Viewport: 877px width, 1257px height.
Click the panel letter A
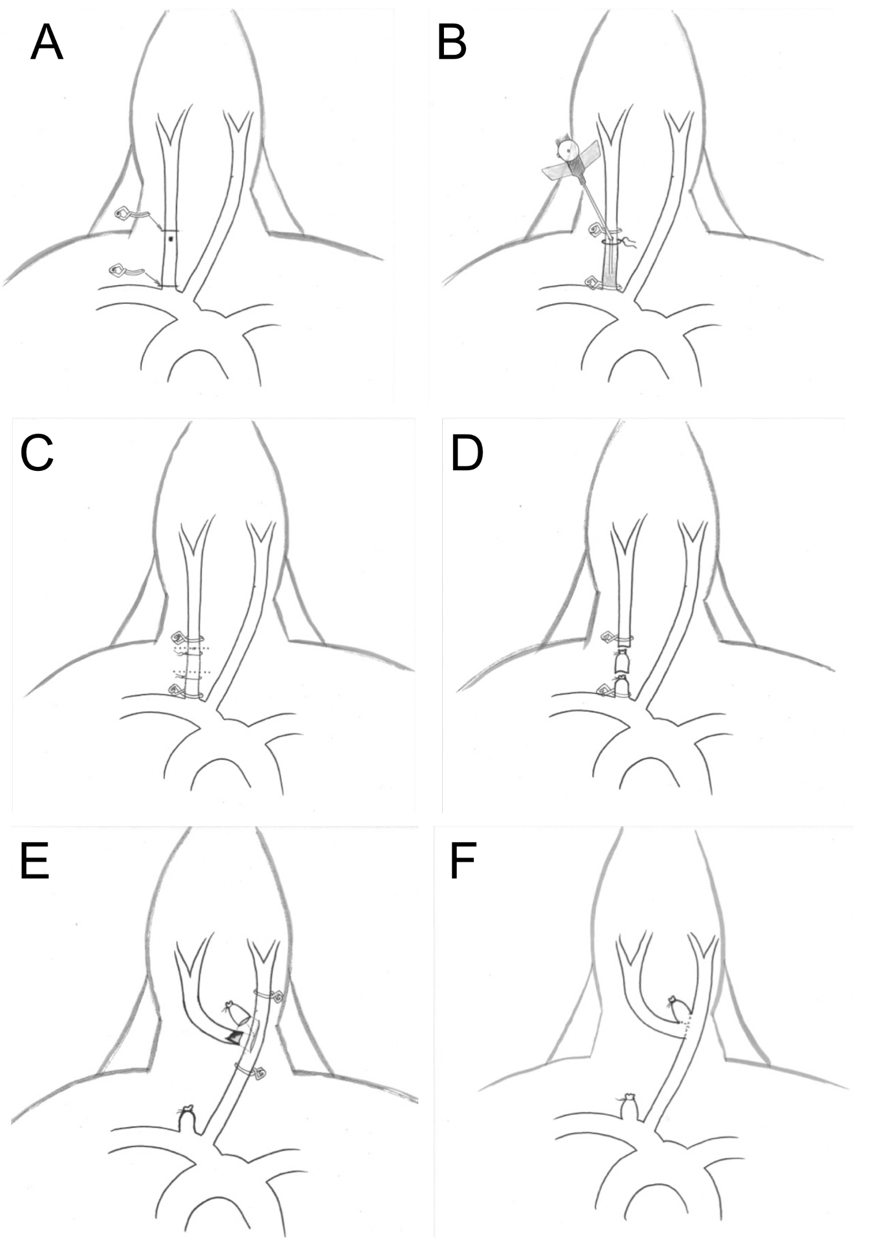click(46, 43)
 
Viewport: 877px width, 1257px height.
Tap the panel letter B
click(451, 43)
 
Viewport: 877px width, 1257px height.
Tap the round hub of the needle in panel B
click(568, 150)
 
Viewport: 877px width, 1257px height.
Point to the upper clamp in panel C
click(180, 637)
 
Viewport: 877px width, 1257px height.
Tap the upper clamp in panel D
click(609, 637)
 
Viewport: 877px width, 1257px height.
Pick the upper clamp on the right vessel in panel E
click(275, 996)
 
